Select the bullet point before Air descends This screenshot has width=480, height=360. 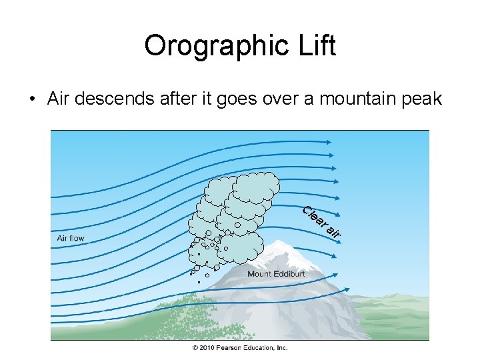coord(31,100)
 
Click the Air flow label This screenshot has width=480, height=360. coord(71,238)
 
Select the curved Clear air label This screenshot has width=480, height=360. coord(321,221)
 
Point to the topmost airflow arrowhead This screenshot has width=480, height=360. coord(331,141)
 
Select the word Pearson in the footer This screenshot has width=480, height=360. coord(229,348)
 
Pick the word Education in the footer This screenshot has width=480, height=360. coord(259,348)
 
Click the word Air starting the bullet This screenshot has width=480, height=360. coord(59,99)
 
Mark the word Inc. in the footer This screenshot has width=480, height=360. coord(282,348)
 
